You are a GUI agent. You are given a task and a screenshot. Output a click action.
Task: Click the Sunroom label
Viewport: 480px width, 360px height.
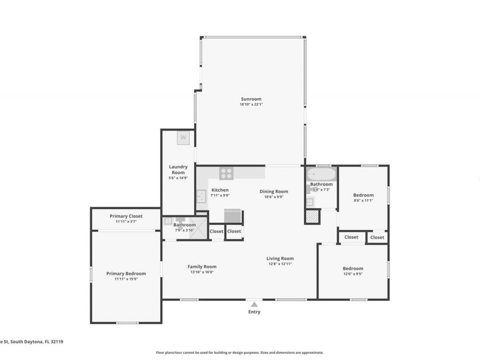click(251, 99)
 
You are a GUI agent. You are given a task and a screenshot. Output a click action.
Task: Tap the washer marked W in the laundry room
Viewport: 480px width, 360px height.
click(183, 137)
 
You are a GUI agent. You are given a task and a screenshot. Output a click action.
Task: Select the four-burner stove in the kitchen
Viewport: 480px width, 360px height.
click(226, 173)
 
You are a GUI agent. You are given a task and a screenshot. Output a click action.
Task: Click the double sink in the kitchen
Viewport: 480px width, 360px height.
click(201, 197)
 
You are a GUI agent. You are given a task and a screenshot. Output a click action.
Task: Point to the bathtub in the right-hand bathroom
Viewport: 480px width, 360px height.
click(321, 174)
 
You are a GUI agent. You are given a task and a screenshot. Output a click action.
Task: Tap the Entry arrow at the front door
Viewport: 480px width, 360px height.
click(254, 304)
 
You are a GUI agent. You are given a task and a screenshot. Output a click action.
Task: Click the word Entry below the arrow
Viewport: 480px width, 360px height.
click(254, 312)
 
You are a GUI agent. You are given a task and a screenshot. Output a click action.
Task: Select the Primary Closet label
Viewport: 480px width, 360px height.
click(126, 216)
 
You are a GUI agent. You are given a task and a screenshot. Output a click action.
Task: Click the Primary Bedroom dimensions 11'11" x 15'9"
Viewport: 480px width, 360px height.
click(126, 279)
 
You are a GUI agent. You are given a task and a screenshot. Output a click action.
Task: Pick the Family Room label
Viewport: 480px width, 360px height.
click(202, 267)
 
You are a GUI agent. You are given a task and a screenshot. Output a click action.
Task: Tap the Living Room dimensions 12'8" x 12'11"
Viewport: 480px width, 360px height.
click(280, 264)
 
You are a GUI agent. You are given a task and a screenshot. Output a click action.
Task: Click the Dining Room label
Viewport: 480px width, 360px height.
click(274, 191)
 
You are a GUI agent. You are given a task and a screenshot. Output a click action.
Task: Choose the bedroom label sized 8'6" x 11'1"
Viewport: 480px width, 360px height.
click(363, 195)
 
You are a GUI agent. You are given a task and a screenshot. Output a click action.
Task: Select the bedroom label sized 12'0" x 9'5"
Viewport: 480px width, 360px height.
click(353, 269)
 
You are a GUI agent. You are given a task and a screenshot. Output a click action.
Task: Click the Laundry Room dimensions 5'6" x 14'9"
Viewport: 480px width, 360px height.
click(178, 178)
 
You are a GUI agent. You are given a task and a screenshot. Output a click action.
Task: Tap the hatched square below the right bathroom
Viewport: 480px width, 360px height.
click(312, 216)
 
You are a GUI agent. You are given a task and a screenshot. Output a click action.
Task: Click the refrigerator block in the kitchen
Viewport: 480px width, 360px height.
click(233, 216)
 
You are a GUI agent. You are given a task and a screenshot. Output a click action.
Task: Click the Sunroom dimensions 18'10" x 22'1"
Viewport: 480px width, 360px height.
click(251, 105)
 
